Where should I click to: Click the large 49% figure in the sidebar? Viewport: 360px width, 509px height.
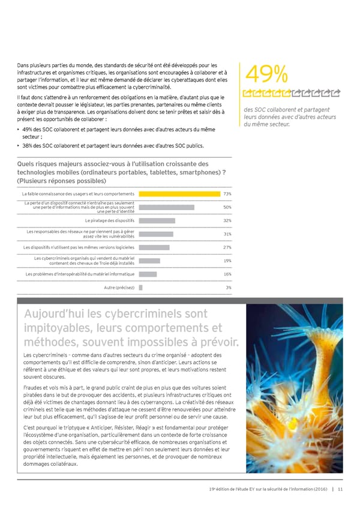tap(266, 76)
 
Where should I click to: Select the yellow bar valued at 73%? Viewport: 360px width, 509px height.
tap(179, 194)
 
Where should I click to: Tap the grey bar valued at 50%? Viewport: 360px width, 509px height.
tap(166, 207)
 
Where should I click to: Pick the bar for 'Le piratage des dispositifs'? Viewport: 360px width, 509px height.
tap(157, 220)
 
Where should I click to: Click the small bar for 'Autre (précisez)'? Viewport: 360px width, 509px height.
tap(140, 288)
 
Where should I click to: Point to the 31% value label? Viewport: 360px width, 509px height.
tap(227, 234)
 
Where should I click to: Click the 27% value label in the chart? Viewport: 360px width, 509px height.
tap(227, 247)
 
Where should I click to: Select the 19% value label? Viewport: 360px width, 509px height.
tap(227, 261)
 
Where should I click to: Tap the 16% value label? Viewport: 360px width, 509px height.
tap(227, 274)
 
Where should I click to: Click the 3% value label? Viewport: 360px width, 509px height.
tap(229, 288)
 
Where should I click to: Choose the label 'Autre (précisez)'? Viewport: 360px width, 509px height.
tap(119, 288)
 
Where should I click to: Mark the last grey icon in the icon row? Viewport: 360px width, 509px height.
tap(336, 92)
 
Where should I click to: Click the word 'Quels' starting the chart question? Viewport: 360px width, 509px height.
tap(29, 164)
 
